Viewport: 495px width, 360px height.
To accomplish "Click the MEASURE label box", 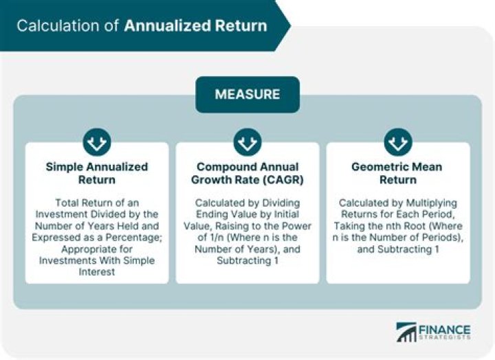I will (247, 94).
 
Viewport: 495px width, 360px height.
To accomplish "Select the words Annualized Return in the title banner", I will (195, 26).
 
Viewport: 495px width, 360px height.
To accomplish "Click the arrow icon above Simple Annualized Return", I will (97, 143).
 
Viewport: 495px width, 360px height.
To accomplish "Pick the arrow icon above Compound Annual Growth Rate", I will (247, 143).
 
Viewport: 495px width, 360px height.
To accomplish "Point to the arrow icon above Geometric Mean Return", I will (397, 143).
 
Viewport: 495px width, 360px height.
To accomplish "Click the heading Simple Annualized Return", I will (97, 173).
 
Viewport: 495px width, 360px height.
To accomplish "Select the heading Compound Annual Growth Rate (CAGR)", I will (247, 173).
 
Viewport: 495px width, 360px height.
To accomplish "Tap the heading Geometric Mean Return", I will (397, 173).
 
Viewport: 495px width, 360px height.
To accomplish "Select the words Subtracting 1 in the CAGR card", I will (248, 261).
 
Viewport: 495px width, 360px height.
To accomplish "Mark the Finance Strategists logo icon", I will (406, 333).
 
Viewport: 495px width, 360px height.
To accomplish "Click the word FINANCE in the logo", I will (443, 329).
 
